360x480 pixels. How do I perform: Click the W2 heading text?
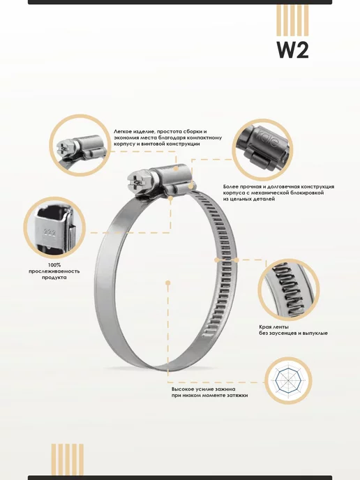(x=292, y=50)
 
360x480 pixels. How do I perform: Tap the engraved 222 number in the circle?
(x=50, y=233)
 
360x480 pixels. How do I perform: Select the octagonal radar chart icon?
(x=288, y=380)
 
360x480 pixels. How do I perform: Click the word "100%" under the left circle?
(x=54, y=265)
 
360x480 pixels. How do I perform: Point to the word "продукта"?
(x=54, y=278)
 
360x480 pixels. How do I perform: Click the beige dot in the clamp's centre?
(x=167, y=283)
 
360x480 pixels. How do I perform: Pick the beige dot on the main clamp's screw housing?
(x=176, y=168)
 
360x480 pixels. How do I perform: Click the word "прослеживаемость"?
(x=54, y=271)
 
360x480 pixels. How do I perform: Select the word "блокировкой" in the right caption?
(x=306, y=193)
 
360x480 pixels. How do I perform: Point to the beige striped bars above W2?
(x=292, y=20)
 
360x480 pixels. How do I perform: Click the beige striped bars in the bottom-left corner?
(x=68, y=460)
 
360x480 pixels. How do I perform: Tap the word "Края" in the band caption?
(x=265, y=327)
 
